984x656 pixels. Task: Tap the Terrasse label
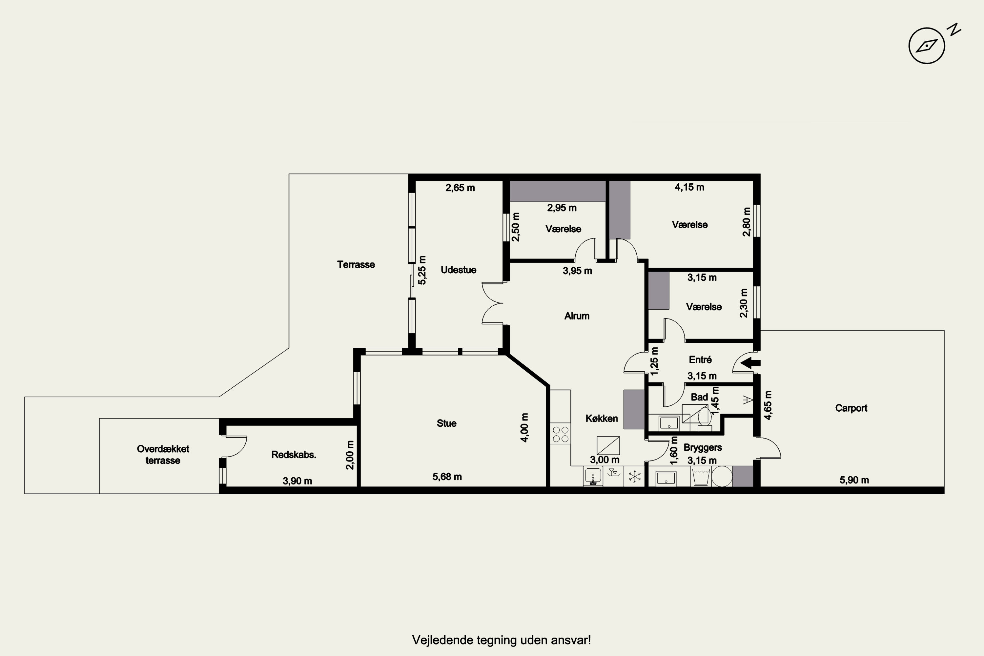[356, 264]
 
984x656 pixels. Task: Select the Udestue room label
[459, 270]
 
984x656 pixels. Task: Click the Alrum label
[577, 316]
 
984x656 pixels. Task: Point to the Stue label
[446, 423]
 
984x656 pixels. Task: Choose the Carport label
[851, 408]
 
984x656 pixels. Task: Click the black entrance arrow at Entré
[750, 363]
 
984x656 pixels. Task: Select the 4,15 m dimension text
[689, 187]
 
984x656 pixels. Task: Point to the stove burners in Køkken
[560, 434]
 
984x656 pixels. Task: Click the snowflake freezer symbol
[635, 477]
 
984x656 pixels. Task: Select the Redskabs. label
[294, 455]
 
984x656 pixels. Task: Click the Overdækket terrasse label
[163, 455]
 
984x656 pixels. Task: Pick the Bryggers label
[703, 448]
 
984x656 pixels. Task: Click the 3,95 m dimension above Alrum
[577, 271]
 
